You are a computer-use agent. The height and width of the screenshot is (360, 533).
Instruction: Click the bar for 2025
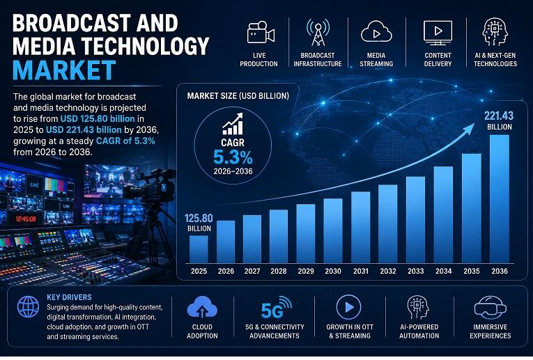click(x=199, y=249)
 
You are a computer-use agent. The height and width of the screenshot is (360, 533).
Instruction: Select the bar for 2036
click(x=500, y=199)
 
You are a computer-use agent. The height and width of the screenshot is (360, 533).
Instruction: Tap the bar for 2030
click(x=333, y=230)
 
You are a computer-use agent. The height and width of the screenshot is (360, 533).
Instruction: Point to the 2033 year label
click(x=416, y=271)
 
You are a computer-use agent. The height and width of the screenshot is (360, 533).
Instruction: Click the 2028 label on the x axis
click(x=279, y=271)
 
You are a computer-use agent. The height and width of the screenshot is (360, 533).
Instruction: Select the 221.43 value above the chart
click(x=499, y=116)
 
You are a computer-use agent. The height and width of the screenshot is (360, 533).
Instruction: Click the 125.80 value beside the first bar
click(x=199, y=218)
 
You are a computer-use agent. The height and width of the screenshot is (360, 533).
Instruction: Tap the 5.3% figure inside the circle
click(x=233, y=157)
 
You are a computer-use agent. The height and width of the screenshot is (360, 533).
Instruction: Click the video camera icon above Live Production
click(x=261, y=33)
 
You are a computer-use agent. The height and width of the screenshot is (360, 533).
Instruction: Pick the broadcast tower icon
click(x=318, y=32)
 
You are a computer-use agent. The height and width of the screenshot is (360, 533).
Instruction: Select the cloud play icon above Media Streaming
click(x=376, y=31)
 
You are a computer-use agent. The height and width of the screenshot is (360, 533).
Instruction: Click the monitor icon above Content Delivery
click(x=438, y=33)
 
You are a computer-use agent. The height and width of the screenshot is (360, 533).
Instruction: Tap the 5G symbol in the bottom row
click(x=276, y=307)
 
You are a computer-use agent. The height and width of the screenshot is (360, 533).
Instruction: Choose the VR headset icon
click(x=490, y=307)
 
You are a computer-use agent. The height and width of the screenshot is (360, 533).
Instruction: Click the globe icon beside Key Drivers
click(x=28, y=306)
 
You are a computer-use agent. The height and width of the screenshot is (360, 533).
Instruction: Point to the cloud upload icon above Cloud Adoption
click(x=202, y=307)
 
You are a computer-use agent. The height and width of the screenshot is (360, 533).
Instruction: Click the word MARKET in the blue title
click(x=64, y=70)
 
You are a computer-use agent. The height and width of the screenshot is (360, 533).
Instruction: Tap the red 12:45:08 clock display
click(x=26, y=219)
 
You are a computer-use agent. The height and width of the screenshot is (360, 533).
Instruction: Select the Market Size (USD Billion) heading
click(x=238, y=96)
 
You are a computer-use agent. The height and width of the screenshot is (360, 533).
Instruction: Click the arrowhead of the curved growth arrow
click(x=470, y=128)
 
